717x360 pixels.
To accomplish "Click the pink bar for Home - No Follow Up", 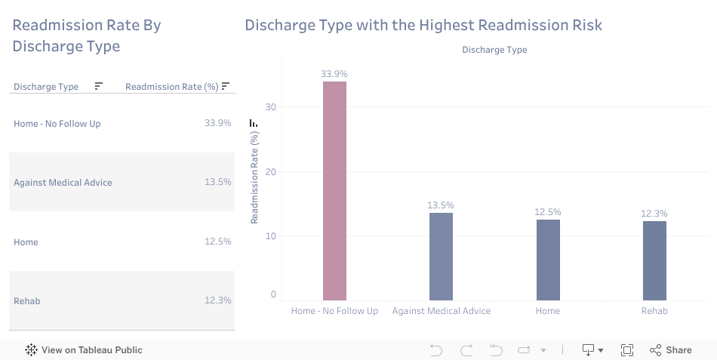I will pyautogui.click(x=334, y=190).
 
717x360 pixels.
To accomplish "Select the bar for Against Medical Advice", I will pyautogui.click(x=441, y=257).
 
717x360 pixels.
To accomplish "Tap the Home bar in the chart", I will pyautogui.click(x=548, y=260).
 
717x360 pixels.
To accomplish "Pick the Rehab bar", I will pyautogui.click(x=654, y=260).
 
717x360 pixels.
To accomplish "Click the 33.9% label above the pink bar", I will pyautogui.click(x=334, y=74).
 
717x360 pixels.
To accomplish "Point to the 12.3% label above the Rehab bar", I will pyautogui.click(x=654, y=214).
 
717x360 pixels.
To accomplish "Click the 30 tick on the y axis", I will pyautogui.click(x=271, y=107).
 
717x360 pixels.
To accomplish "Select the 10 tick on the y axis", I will pyautogui.click(x=271, y=236).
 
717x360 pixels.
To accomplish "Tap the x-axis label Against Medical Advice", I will pyautogui.click(x=442, y=311).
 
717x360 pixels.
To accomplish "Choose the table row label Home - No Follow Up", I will pyautogui.click(x=57, y=124).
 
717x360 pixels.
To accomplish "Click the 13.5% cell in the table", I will pyautogui.click(x=217, y=183).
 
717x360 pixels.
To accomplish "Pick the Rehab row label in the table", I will pyautogui.click(x=27, y=301).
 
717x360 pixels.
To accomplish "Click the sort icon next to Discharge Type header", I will pyautogui.click(x=99, y=86).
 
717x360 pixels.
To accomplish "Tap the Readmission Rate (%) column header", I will pyautogui.click(x=171, y=87).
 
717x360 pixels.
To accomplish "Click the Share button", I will pyautogui.click(x=670, y=350).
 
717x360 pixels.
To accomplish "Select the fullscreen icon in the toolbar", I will pyautogui.click(x=626, y=350).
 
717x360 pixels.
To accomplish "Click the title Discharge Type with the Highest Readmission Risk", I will pyautogui.click(x=423, y=25).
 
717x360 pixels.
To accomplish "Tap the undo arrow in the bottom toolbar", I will pyautogui.click(x=436, y=350).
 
